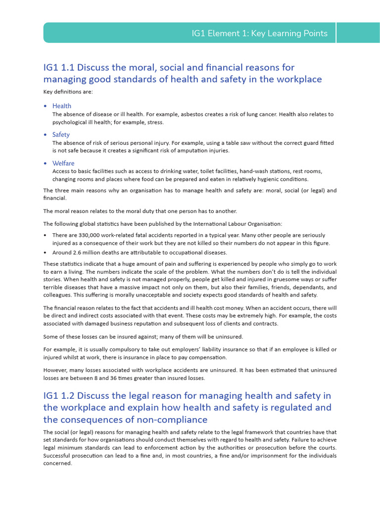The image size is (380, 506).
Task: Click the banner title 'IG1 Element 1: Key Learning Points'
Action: [259, 34]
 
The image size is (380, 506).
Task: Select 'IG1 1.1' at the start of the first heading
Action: [59, 67]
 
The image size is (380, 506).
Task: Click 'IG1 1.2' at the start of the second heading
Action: [59, 395]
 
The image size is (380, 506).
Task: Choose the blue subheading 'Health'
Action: [62, 106]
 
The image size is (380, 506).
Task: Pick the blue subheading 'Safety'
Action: [61, 134]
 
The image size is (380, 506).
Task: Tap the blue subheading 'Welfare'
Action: [63, 163]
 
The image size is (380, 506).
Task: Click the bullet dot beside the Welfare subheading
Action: [46, 164]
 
